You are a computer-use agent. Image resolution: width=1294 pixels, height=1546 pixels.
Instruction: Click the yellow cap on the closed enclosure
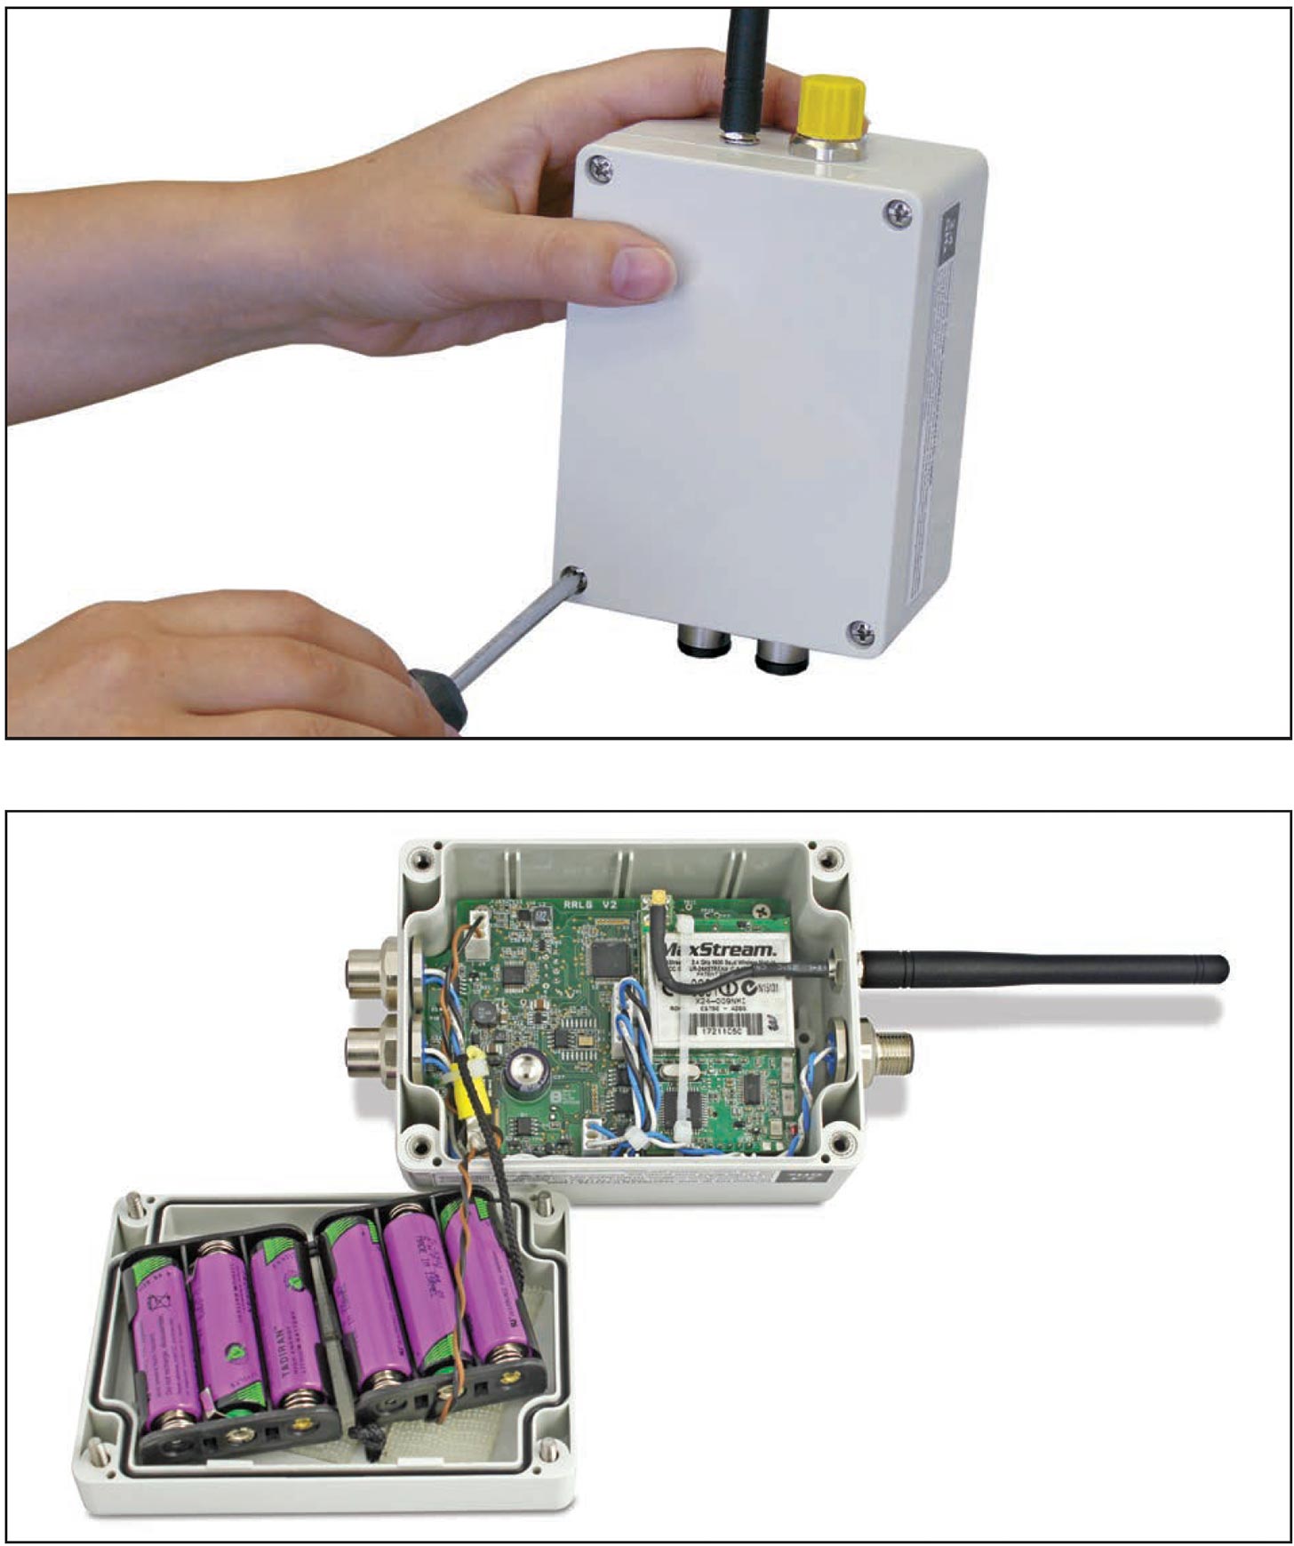(x=833, y=102)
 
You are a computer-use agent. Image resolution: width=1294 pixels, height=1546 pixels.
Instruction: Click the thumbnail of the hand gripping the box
(x=646, y=270)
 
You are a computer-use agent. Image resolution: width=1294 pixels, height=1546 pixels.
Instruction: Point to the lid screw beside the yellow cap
(x=899, y=212)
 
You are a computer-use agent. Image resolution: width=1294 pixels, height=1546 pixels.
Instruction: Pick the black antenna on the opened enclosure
(x=1049, y=968)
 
